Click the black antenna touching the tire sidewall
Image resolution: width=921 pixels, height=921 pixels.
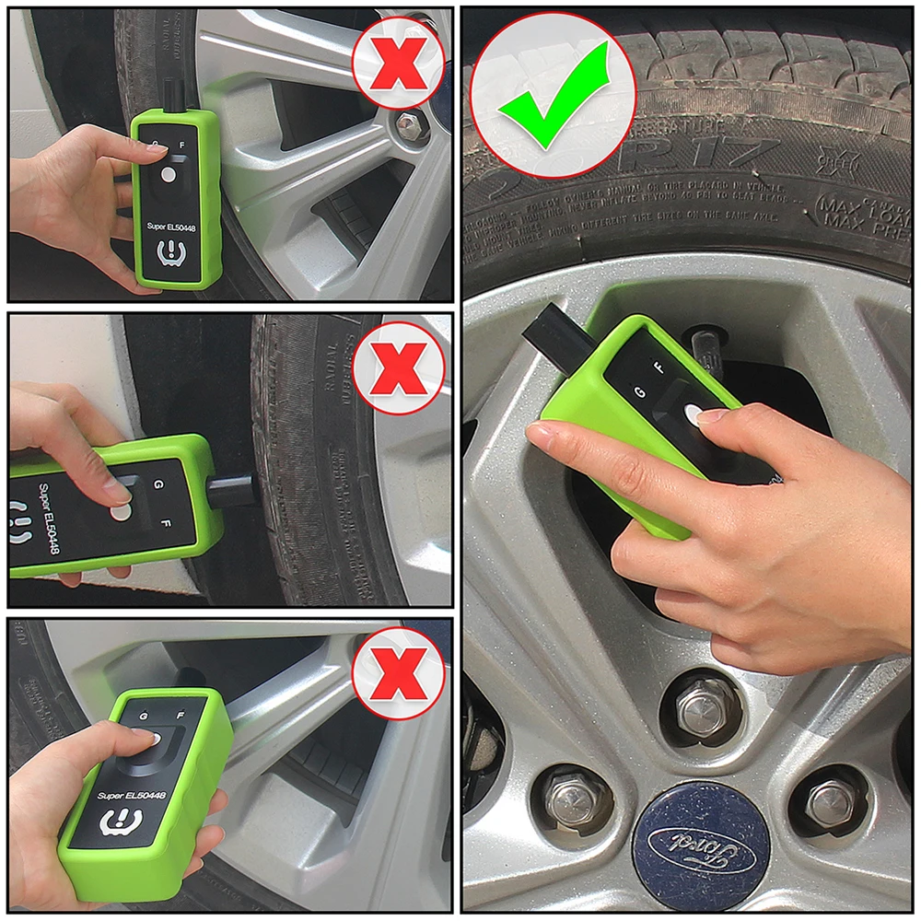coord(235,488)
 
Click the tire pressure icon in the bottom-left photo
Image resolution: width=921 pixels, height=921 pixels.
coord(119,821)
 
